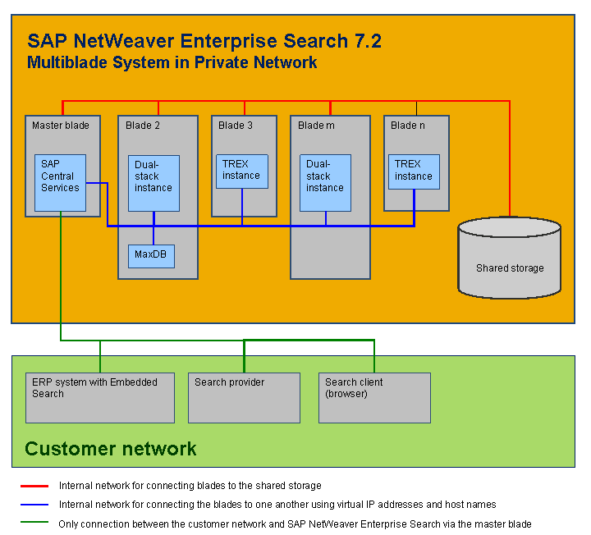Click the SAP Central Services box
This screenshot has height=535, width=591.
pos(61,182)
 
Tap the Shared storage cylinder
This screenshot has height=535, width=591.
pos(510,258)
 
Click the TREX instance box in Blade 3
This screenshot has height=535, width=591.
pos(242,171)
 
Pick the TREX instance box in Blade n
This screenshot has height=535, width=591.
pos(414,171)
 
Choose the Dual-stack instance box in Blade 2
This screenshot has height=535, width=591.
pos(153,183)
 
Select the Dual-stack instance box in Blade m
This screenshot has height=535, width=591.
pos(325,183)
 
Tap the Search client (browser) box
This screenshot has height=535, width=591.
pos(374,398)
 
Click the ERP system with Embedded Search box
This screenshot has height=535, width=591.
pos(100,398)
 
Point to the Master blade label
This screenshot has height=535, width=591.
pos(60,126)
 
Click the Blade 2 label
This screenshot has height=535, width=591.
pos(143,126)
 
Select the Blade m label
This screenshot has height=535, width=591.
pos(316,126)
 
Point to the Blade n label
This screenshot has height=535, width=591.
pos(408,126)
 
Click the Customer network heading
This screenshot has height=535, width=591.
pos(111,449)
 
